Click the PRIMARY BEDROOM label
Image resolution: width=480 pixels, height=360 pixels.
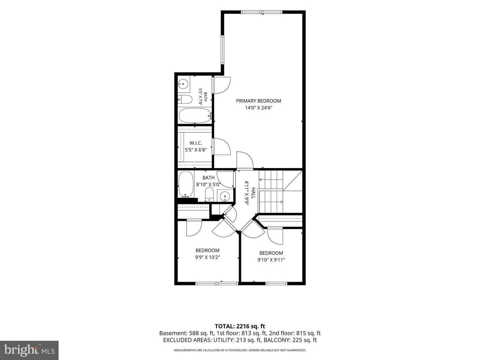(258, 101)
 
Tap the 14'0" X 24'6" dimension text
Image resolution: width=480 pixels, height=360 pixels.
(258, 108)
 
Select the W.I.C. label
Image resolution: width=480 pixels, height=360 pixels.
(196, 143)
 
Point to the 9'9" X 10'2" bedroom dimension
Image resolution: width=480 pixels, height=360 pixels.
(207, 257)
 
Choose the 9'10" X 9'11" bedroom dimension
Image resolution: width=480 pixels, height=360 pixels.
(271, 260)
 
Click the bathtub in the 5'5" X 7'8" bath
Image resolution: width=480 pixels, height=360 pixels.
(195, 116)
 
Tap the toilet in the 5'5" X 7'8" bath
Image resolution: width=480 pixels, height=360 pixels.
(185, 99)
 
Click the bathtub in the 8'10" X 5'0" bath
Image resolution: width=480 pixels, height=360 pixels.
(186, 185)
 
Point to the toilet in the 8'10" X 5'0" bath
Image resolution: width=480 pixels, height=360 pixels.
(209, 194)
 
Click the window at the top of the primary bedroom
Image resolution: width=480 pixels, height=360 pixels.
(262, 12)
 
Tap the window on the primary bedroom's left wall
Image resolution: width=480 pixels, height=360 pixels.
(223, 50)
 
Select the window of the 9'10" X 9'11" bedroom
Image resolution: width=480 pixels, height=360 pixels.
(276, 283)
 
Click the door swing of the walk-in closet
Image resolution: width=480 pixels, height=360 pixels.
(222, 146)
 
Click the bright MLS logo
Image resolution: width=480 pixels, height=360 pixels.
(29, 350)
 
